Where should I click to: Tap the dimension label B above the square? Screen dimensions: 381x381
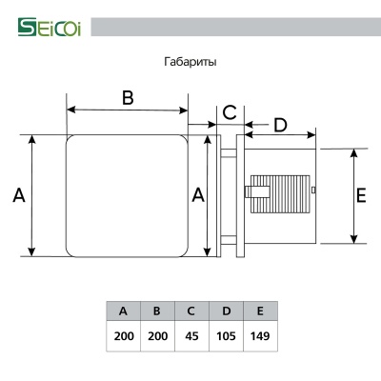127,96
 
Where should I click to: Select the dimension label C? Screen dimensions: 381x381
230,112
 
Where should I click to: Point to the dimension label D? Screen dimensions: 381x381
280,124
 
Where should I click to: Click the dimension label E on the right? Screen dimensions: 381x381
361,195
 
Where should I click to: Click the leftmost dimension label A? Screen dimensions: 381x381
18,195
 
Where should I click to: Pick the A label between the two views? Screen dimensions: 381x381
198,195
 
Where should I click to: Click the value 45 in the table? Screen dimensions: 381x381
190,336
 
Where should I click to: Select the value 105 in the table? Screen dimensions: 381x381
225,336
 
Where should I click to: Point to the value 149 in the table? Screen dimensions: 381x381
259,336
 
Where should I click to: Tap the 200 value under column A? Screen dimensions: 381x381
123,336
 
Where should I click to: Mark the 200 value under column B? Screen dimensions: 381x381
156,336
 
